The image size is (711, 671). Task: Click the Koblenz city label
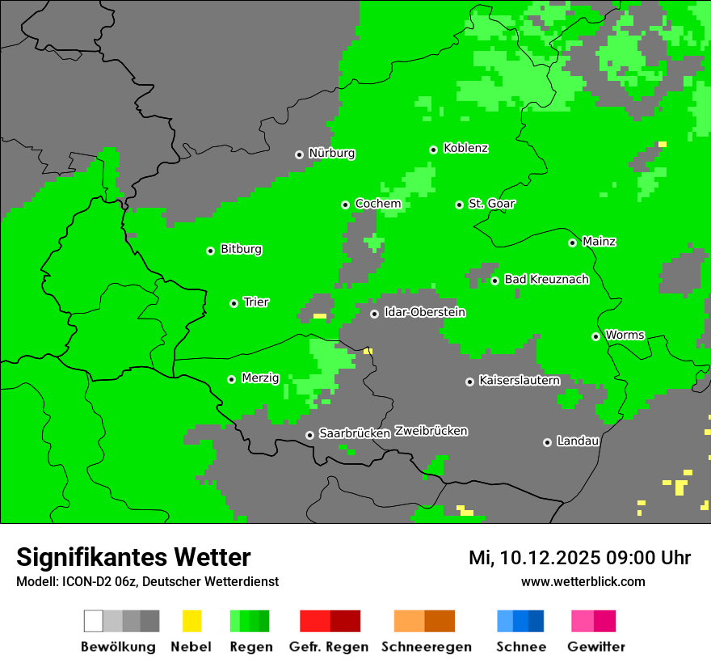click(x=466, y=148)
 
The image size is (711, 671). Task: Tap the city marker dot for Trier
click(x=233, y=303)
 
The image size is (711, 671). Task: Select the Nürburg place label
click(x=331, y=153)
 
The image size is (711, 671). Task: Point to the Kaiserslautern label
click(x=519, y=380)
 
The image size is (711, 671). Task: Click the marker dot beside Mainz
click(x=572, y=243)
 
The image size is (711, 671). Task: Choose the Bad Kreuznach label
click(x=546, y=280)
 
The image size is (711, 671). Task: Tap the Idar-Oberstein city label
click(x=424, y=312)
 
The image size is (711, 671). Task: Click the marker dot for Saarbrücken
click(x=309, y=435)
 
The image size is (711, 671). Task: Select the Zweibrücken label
click(x=431, y=431)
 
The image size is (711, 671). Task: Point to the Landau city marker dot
click(x=547, y=442)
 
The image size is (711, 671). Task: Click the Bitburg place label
click(x=241, y=249)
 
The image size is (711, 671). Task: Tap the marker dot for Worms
click(x=595, y=336)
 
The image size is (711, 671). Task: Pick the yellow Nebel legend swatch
click(x=191, y=621)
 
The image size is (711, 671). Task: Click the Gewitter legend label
click(x=596, y=647)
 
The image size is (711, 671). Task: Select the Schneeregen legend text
click(x=426, y=647)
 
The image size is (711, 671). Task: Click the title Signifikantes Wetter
click(x=133, y=557)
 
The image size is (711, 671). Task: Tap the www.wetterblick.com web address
click(x=583, y=581)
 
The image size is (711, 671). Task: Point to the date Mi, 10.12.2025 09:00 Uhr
click(x=579, y=558)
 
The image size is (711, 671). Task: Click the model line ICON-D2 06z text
click(x=147, y=581)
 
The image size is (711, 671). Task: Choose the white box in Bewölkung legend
click(x=94, y=621)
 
